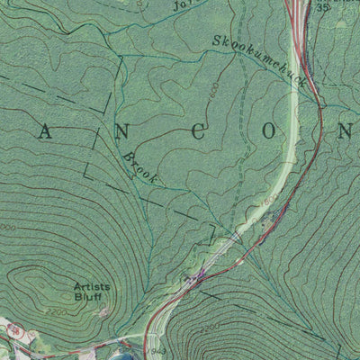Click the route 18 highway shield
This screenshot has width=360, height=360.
coord(12,331)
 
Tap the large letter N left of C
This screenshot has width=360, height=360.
coord(120,131)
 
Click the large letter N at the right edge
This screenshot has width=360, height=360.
coord(347,131)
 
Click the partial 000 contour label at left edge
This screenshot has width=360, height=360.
coord(6,228)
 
